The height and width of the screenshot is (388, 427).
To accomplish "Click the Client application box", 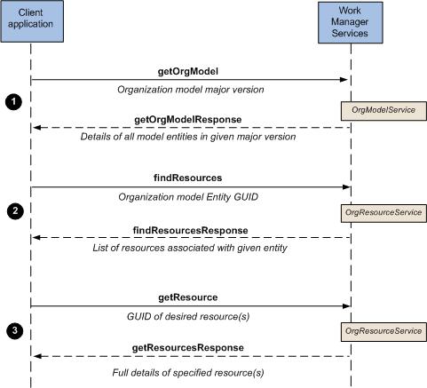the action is (x=32, y=21).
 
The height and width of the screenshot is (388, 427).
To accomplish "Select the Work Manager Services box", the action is (x=351, y=23).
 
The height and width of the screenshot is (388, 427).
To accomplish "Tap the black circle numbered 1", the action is (x=13, y=102).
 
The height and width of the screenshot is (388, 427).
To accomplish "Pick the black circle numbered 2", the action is (x=15, y=211).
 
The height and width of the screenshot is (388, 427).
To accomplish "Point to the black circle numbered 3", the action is (x=15, y=330).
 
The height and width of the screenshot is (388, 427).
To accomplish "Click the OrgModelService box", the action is (x=384, y=111).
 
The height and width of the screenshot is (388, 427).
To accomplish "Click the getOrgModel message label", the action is (x=188, y=71).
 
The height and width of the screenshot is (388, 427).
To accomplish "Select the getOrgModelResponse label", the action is (x=188, y=120).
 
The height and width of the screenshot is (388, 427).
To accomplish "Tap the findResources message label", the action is (x=188, y=178).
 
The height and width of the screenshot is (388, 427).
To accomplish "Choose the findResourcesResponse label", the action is (x=191, y=231).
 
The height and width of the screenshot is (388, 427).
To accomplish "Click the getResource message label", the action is (x=188, y=297).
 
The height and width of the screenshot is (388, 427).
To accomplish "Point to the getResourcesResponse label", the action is (x=188, y=348).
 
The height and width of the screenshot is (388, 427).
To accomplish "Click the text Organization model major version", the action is (x=191, y=90).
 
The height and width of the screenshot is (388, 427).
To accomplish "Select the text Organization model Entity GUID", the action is (x=188, y=197).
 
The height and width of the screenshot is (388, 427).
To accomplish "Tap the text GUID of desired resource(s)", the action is (x=188, y=317).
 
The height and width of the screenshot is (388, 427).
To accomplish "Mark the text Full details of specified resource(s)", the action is (x=188, y=373).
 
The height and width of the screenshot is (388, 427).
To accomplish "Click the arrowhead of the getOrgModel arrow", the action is (x=344, y=80).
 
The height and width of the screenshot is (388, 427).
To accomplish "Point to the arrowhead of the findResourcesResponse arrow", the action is (x=36, y=238).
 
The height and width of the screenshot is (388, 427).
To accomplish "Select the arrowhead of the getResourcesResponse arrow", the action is (x=37, y=356).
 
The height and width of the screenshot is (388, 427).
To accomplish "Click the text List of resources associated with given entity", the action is (x=190, y=248).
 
